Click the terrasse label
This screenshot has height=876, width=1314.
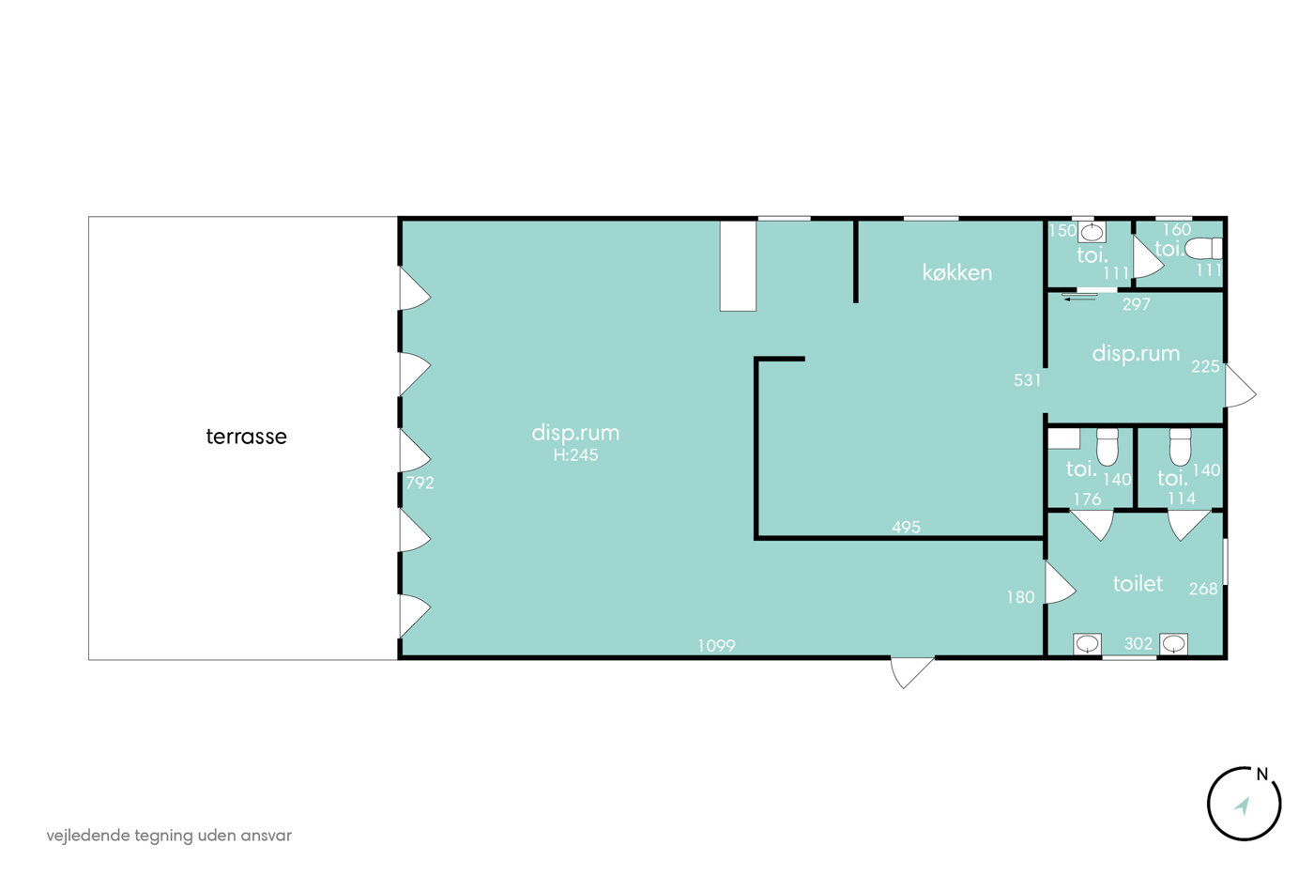pyautogui.click(x=246, y=437)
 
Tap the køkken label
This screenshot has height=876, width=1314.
pyautogui.click(x=956, y=272)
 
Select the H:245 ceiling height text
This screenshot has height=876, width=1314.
pyautogui.click(x=575, y=454)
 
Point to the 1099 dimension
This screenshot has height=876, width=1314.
pyautogui.click(x=716, y=645)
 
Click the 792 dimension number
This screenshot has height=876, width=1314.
pyautogui.click(x=420, y=483)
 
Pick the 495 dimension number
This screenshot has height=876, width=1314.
pyautogui.click(x=906, y=527)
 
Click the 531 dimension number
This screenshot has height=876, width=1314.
pyautogui.click(x=1027, y=380)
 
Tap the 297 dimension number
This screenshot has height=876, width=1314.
pyautogui.click(x=1137, y=304)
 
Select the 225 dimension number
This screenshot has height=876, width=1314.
pyautogui.click(x=1205, y=366)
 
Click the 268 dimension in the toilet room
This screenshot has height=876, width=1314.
pyautogui.click(x=1203, y=589)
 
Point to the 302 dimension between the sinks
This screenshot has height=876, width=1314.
pyautogui.click(x=1138, y=644)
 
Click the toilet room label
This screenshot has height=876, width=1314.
pyautogui.click(x=1138, y=583)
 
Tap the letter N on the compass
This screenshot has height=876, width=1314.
pyautogui.click(x=1261, y=775)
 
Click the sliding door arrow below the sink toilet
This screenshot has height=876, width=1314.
pyautogui.click(x=1079, y=300)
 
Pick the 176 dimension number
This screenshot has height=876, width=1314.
pyautogui.click(x=1087, y=499)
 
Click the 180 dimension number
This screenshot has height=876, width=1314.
pyautogui.click(x=1021, y=597)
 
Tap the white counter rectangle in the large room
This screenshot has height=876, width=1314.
pyautogui.click(x=738, y=266)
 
